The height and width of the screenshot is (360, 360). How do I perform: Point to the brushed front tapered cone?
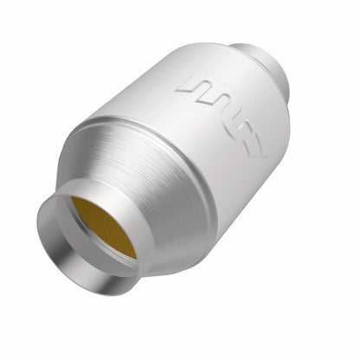click(130, 173)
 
